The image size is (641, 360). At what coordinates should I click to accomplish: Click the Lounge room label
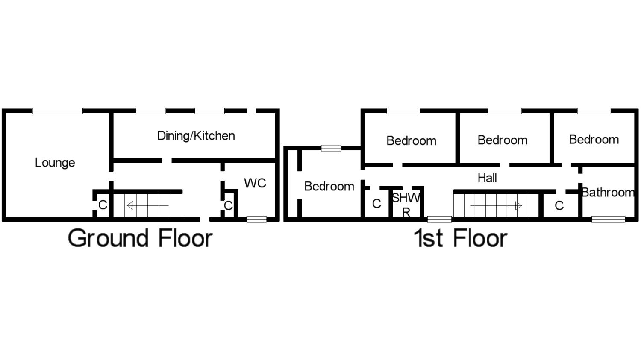click(x=55, y=163)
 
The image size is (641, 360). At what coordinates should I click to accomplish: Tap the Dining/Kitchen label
click(x=196, y=136)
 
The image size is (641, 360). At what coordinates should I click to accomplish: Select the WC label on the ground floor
click(x=255, y=183)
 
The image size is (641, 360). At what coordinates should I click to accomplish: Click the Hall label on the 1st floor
click(x=487, y=178)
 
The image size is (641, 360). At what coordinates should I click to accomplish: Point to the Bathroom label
click(x=608, y=193)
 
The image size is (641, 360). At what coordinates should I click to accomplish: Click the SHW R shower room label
click(x=406, y=204)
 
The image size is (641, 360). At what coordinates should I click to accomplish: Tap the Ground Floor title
click(x=140, y=238)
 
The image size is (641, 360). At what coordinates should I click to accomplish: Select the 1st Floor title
click(x=461, y=238)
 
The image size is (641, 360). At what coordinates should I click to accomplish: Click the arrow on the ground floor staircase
click(x=148, y=206)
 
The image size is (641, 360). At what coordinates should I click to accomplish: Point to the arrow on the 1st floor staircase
click(x=496, y=206)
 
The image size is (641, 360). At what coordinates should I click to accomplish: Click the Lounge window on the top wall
click(x=57, y=111)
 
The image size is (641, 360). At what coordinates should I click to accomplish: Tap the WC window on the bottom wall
click(x=256, y=220)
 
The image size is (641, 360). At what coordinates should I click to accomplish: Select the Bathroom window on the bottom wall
click(x=608, y=220)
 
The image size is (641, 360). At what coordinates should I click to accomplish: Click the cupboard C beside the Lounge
click(x=103, y=205)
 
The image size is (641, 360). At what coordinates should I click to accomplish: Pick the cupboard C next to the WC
click(x=228, y=206)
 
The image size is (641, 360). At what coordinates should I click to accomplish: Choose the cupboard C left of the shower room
click(x=376, y=204)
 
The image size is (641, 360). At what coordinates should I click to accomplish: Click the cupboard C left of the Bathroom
click(x=559, y=206)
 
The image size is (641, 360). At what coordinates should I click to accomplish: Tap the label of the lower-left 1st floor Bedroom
click(x=329, y=186)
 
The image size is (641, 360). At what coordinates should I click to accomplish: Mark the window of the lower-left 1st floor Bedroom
click(x=331, y=148)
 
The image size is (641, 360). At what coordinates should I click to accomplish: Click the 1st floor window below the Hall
click(x=439, y=220)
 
